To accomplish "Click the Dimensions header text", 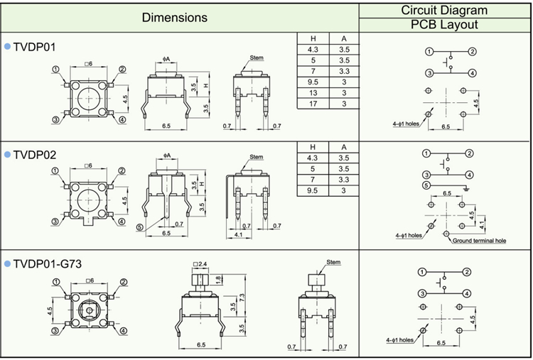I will pos(175,17).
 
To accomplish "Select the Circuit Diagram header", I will pos(444,10).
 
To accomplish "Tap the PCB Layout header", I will pos(444,25).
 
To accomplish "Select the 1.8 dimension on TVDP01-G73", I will pos(217,278).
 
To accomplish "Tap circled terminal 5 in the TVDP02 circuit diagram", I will pos(426,185).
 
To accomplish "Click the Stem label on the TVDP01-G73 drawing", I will pos(333,262).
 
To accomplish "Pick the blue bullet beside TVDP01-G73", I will pos(7,264).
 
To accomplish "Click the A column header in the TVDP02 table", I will pos(343,147).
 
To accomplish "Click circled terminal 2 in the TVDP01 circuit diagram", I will pos(472,52).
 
